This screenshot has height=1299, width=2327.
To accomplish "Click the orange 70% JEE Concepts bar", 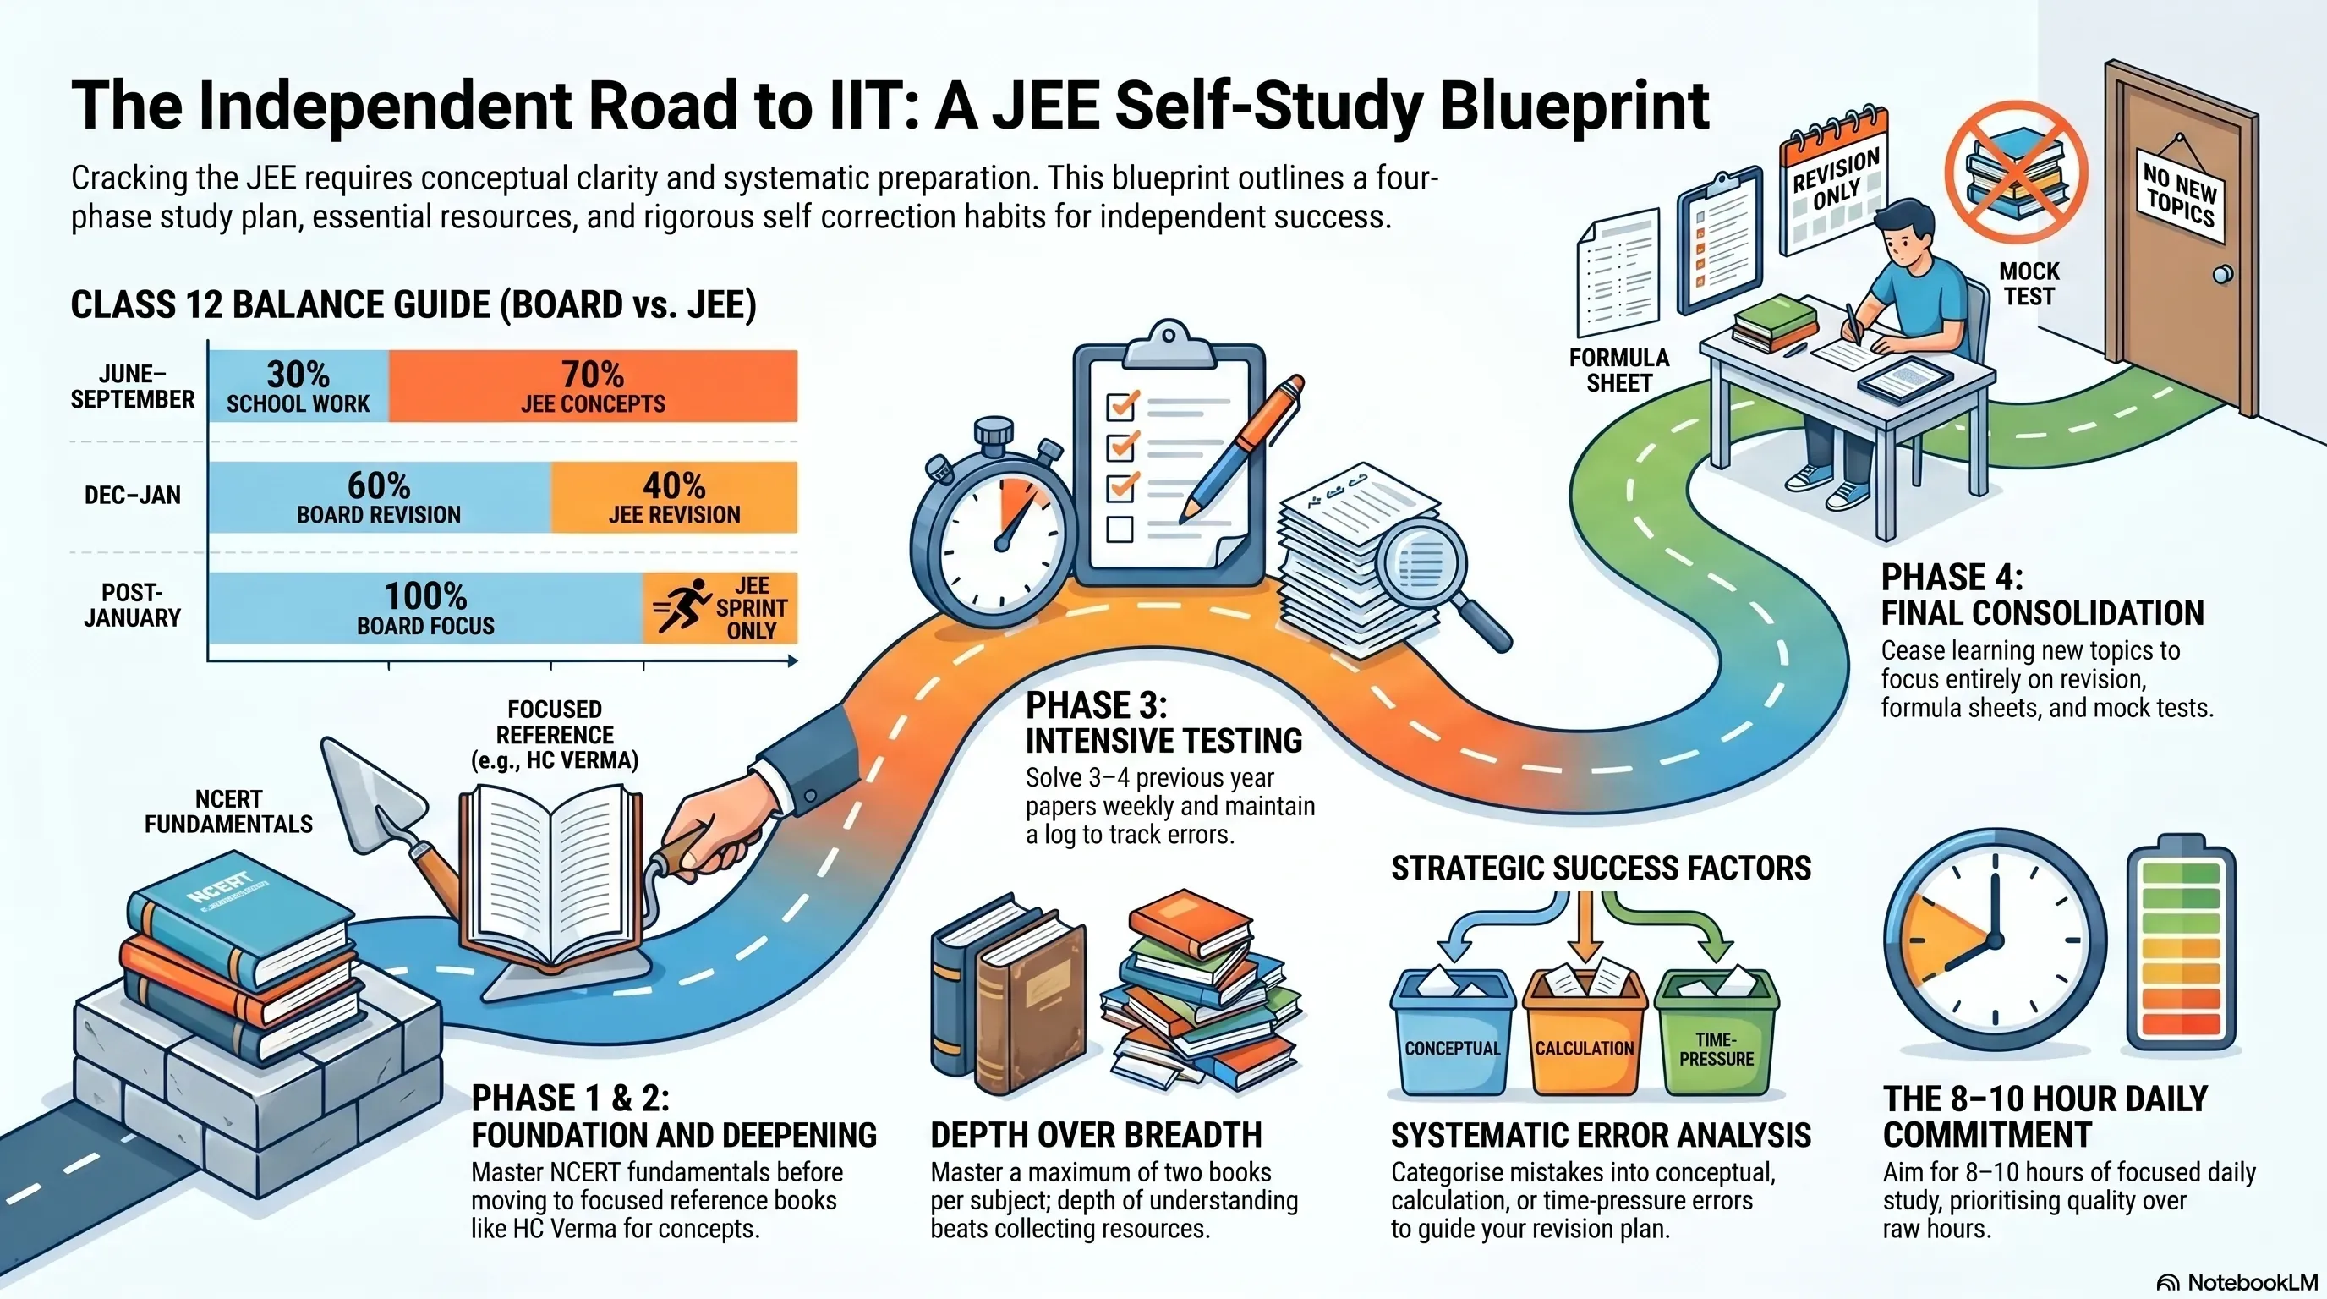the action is (x=594, y=386).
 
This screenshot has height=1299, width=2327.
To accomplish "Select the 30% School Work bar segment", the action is (x=299, y=386).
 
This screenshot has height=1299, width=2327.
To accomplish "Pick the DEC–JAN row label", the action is (x=133, y=495).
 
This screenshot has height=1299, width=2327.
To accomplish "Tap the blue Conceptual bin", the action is (x=1453, y=1030).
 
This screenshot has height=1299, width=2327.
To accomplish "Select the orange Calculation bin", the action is (x=1585, y=1030).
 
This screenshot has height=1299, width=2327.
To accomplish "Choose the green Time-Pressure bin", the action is (x=1717, y=1030).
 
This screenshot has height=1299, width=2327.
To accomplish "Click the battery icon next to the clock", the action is (x=2182, y=949).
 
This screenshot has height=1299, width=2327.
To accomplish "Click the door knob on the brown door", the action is (x=2223, y=274).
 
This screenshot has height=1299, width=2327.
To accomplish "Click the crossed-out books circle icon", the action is (x=2015, y=173).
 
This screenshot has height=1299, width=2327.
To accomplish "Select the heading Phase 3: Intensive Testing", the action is (x=1163, y=723).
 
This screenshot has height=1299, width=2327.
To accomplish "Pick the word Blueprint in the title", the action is (x=1574, y=107).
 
